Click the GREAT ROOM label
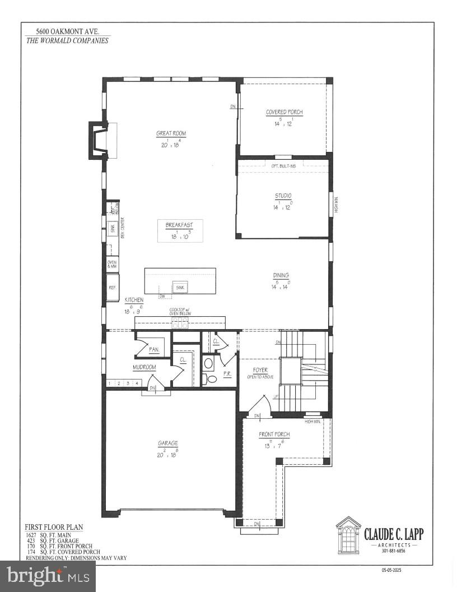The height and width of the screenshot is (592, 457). (171, 133)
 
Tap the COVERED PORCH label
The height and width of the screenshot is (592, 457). (285, 112)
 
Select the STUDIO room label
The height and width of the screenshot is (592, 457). (283, 196)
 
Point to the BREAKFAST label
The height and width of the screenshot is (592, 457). (179, 225)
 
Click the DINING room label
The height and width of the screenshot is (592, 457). (281, 275)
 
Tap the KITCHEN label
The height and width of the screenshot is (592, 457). (134, 300)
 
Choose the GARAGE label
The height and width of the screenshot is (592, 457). (168, 443)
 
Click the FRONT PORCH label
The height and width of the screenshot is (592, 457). (274, 434)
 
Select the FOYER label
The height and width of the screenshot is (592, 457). (260, 371)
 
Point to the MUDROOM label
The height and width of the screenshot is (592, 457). (144, 367)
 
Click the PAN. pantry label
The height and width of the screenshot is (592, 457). (153, 350)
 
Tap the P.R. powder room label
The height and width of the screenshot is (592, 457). (228, 373)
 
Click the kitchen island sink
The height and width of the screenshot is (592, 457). (180, 288)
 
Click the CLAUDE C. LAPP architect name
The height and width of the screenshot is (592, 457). (394, 534)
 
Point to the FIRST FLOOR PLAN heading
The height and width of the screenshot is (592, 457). (54, 527)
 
